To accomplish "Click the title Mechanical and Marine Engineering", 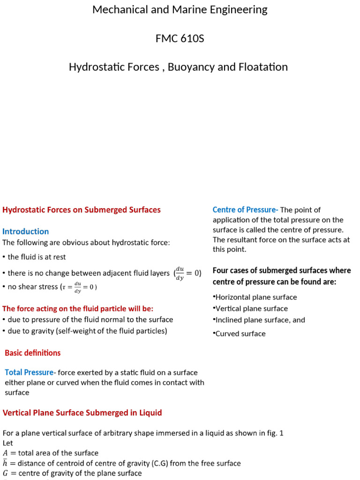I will point(180,10).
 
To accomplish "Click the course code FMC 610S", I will point(180,38).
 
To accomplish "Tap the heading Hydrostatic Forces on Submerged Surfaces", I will point(82,210).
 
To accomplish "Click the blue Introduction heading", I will point(26,231).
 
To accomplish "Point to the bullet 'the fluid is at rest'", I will point(36,257).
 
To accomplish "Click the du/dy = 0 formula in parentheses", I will point(187,273).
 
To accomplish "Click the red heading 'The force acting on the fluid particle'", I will point(78,308).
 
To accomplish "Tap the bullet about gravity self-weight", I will point(87,331).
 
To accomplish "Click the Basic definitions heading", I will point(33,352).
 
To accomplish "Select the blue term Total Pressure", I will point(29,372).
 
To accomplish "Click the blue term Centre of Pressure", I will point(245,210).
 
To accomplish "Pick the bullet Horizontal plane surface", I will point(256,297).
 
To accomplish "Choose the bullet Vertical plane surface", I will point(251,308).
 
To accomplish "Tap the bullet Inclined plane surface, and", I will point(260,320).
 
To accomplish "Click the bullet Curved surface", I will point(240,334).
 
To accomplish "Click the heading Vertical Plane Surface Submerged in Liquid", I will point(82,412).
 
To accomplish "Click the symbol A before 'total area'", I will point(6,453).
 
